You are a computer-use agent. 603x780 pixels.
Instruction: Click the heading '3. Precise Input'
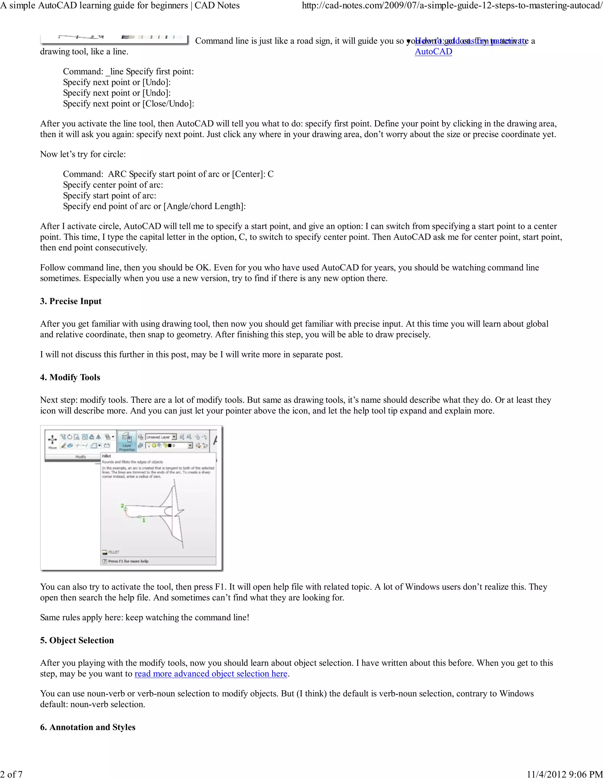71,301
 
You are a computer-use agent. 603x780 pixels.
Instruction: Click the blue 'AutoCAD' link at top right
433,52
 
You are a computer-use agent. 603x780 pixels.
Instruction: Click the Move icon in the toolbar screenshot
52,440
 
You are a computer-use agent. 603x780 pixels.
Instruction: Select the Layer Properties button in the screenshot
127,442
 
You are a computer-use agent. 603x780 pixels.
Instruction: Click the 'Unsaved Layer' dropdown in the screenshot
161,437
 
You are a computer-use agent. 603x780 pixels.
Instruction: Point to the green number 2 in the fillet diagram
122,506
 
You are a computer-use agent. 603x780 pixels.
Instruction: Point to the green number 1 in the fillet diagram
144,520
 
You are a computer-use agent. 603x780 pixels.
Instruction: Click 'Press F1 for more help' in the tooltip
128,561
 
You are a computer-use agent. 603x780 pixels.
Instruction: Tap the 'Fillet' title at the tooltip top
107,456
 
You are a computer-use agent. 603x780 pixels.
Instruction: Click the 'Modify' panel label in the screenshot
80,457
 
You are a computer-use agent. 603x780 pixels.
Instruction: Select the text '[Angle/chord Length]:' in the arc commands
204,206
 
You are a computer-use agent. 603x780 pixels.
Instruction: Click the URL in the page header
452,5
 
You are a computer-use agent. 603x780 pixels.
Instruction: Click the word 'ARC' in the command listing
117,174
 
